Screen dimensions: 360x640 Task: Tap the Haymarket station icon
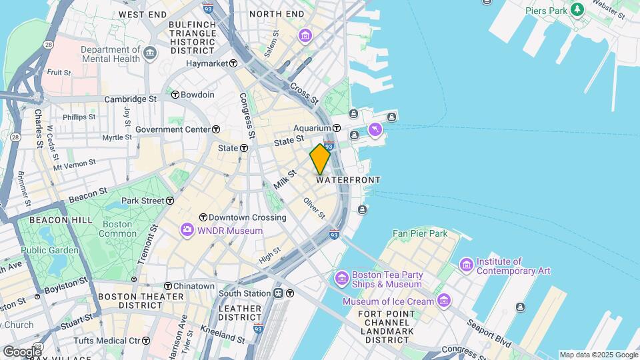click(x=233, y=63)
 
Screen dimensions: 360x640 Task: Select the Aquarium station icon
click(x=337, y=128)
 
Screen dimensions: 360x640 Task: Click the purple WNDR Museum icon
click(x=187, y=231)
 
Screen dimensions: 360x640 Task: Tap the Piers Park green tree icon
click(x=577, y=10)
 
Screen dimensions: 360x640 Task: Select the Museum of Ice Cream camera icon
click(x=444, y=301)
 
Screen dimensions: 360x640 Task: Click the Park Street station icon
click(x=171, y=201)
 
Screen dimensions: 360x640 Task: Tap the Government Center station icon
click(x=216, y=129)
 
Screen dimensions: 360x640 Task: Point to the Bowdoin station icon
click(x=175, y=95)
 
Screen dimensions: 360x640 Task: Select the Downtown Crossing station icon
click(x=203, y=217)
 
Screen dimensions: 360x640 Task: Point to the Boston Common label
click(x=117, y=229)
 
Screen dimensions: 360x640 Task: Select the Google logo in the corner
click(x=21, y=351)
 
